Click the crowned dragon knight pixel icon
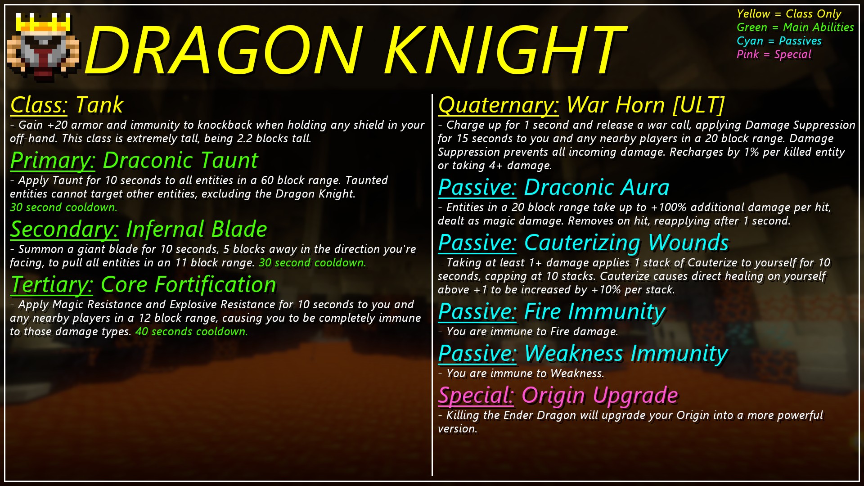coord(44,47)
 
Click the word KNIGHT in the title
coord(504,50)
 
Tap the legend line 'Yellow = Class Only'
coord(789,14)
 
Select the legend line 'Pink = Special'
coord(774,54)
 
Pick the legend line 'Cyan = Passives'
coord(779,41)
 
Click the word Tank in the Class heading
coord(99,105)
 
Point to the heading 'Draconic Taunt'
coord(180,160)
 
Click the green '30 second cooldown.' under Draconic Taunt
coord(63,207)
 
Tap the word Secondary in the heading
coord(64,229)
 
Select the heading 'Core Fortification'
coord(189,284)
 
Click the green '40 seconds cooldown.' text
coord(192,332)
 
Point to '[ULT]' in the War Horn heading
coord(698,105)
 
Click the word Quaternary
coord(498,105)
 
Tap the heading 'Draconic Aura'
coord(597,187)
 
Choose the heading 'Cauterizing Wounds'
coord(626,243)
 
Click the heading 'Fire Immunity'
coord(594,312)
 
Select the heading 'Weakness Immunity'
coord(626,354)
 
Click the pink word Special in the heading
coord(476,396)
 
